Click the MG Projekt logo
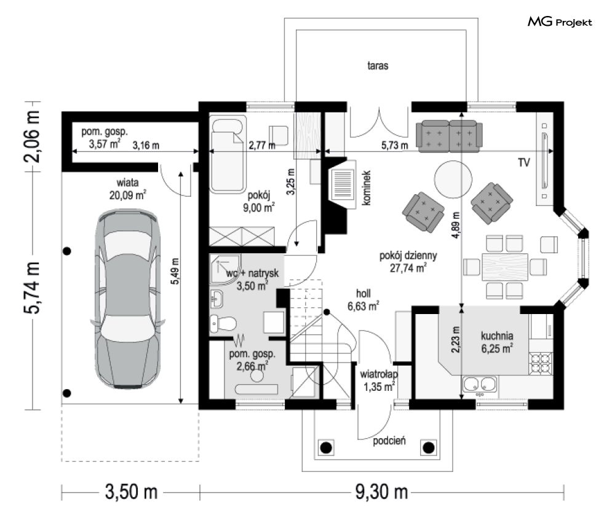[560, 22]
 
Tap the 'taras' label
[378, 66]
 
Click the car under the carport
[128, 299]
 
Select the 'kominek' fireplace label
[366, 188]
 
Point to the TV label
[524, 162]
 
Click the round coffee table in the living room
[453, 179]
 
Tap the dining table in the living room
[505, 267]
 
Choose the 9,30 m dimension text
[381, 492]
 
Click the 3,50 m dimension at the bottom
[131, 492]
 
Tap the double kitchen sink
[480, 384]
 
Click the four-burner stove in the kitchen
[541, 363]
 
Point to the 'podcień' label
[389, 441]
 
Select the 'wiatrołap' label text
[379, 374]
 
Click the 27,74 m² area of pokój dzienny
[408, 268]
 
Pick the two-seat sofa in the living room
[449, 136]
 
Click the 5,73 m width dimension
[395, 146]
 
